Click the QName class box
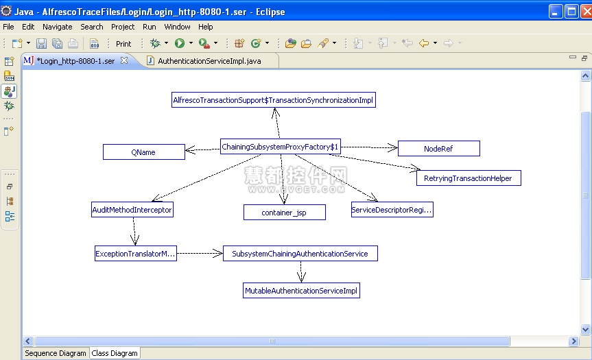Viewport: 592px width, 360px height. [144, 152]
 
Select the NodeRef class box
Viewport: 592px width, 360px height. [439, 149]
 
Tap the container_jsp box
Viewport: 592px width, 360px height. [284, 213]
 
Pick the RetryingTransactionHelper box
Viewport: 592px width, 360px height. [469, 178]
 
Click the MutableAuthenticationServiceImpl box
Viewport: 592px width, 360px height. [301, 291]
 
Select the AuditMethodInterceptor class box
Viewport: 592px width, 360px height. [132, 210]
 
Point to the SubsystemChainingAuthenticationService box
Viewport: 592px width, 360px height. [300, 254]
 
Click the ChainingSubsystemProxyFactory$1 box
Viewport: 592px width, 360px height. [280, 147]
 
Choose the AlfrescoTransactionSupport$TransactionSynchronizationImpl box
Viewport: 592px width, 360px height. [273, 100]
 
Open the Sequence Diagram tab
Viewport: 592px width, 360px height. [56, 353]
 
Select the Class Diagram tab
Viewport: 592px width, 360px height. [115, 353]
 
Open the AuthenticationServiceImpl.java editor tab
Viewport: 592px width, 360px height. [209, 61]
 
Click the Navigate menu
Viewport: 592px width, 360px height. [58, 27]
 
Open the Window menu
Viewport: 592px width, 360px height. [177, 27]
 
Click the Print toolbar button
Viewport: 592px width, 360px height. [123, 44]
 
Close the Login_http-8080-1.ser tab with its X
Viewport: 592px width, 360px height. [124, 60]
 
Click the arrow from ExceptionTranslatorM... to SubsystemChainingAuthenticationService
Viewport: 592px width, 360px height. [200, 253]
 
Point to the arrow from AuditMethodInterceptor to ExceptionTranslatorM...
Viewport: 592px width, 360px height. [134, 231]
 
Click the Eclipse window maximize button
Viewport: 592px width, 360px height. [571, 12]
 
